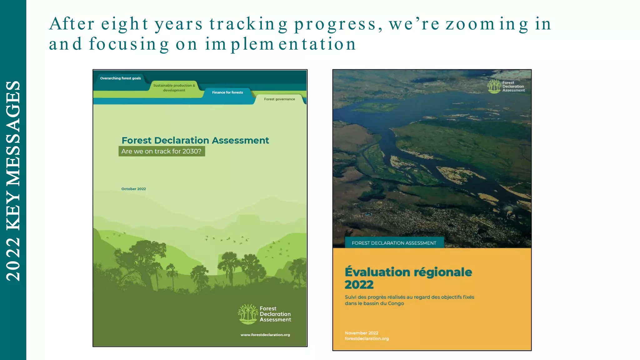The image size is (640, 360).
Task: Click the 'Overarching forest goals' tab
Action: point(120,78)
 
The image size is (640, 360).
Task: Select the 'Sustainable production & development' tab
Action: point(174,88)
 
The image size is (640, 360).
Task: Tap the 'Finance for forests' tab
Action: point(227,92)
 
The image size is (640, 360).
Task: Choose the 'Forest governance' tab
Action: point(279,99)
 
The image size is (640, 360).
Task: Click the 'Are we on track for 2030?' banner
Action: point(162,152)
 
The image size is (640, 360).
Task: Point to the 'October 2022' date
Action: point(133,189)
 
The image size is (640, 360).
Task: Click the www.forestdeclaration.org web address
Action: point(265,335)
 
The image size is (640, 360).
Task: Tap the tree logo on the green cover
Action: point(247,314)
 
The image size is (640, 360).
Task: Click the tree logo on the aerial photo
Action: point(494,86)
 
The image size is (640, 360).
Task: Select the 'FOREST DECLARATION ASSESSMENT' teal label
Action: point(394,243)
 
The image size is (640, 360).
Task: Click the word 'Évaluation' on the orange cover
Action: point(377,272)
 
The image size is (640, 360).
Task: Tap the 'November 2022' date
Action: point(361,333)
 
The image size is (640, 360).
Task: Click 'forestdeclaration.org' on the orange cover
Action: point(367,339)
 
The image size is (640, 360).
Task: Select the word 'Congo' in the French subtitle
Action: point(396,303)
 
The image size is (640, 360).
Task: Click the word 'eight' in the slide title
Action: point(125,24)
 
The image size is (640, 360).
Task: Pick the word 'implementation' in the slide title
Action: point(280,44)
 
